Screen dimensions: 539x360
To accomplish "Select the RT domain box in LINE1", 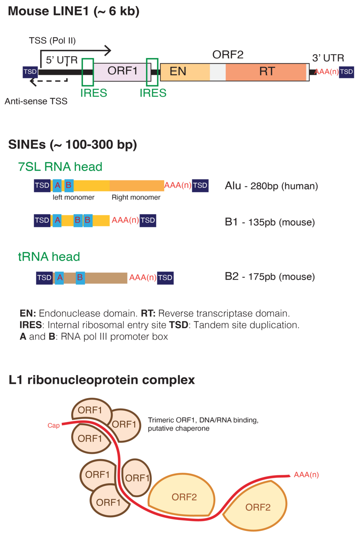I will pyautogui.click(x=266, y=72).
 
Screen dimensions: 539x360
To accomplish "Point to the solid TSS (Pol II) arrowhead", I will pyautogui.click(x=108, y=50).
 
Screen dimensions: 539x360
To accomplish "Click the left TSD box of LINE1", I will pyautogui.click(x=30, y=72).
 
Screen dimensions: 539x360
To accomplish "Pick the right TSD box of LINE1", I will pyautogui.click(x=346, y=72).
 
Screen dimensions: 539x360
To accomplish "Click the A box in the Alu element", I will pyautogui.click(x=57, y=185).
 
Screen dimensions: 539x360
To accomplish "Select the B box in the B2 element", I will pyautogui.click(x=80, y=278).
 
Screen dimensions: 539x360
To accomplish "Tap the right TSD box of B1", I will pyautogui.click(x=148, y=220).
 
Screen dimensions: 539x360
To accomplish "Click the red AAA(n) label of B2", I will pyautogui.click(x=142, y=278).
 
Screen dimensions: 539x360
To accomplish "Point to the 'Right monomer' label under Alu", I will pyautogui.click(x=136, y=197).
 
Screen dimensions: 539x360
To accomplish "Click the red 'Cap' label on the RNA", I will pyautogui.click(x=54, y=425).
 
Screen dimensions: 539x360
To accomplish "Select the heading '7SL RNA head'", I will pyautogui.click(x=60, y=167).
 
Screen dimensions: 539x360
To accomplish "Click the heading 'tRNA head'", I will pyautogui.click(x=49, y=257).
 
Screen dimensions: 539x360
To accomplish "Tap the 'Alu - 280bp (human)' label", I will pyautogui.click(x=271, y=186).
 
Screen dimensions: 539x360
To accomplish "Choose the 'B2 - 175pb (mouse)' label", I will pyautogui.click(x=270, y=277).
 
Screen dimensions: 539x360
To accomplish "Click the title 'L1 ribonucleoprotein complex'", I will pyautogui.click(x=102, y=380).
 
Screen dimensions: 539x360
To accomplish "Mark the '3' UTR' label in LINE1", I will pyautogui.click(x=328, y=58).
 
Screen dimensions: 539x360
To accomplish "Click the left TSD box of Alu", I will pyautogui.click(x=42, y=185).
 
